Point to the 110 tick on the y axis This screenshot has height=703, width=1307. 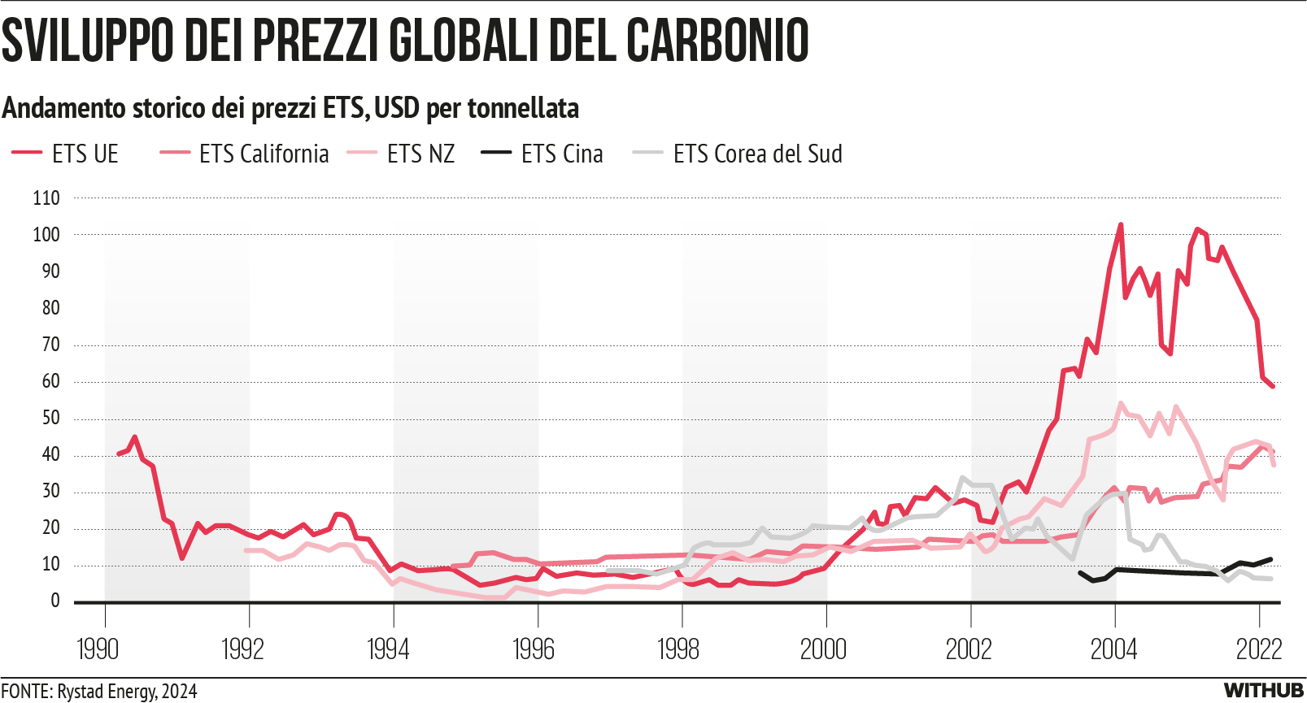point(46,198)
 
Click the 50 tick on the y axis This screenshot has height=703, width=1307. point(50,418)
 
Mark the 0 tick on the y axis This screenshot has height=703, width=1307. point(55,601)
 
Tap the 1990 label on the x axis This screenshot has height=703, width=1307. point(98,649)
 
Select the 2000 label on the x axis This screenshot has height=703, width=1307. point(823,649)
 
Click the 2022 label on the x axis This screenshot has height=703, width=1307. point(1258,649)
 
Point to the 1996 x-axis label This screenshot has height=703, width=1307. point(533,649)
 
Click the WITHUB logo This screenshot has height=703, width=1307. point(1264,691)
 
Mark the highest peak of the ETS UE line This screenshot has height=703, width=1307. point(1121,225)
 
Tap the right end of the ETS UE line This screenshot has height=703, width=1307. point(1272,386)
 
